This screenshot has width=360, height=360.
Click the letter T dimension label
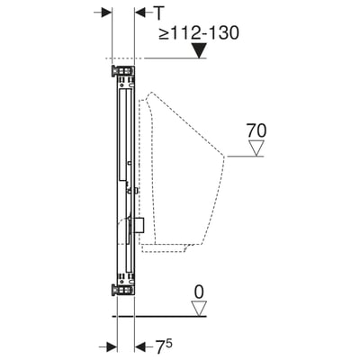160,13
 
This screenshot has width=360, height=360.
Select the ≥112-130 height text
199,32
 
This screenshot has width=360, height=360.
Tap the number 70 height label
256,130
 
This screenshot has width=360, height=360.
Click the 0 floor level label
199,292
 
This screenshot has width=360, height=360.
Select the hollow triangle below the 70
256,148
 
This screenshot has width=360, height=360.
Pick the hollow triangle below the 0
199,309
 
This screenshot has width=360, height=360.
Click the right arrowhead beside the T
140,13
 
